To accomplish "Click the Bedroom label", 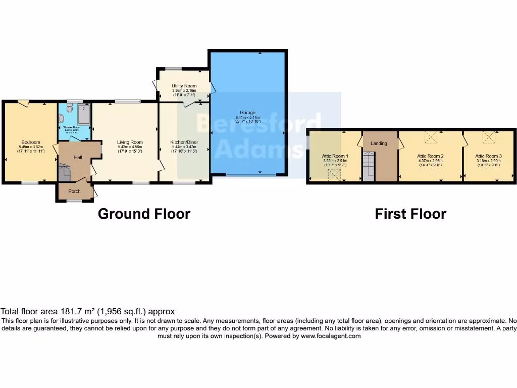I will coord(30,142).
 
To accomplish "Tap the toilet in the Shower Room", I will coord(70,108).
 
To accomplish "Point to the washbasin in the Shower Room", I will coord(62,118).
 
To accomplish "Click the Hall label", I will coord(78,158).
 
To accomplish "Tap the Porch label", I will coord(74,191).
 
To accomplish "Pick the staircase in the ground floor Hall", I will coord(64,172).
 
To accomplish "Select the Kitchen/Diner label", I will coord(184,142).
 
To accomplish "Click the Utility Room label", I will coord(184,86).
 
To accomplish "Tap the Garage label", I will coord(247,113).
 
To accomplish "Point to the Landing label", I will coord(379,143).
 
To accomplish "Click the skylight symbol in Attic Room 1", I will coord(334,175).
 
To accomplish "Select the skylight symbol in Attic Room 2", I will coord(431,136).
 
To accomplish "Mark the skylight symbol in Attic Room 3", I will coord(489,136).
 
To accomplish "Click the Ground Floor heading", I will coord(144,214).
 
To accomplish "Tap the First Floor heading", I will coord(410,214).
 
